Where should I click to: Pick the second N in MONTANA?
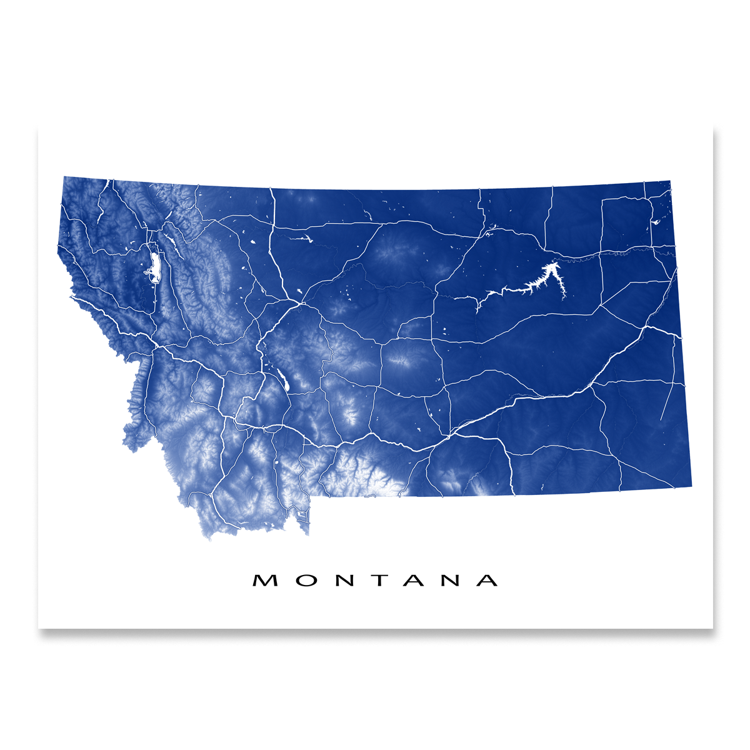450,581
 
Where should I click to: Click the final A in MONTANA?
487,581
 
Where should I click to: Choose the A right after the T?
414,581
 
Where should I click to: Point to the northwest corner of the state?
64,177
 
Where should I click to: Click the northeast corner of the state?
670,182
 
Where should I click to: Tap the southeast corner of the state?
691,485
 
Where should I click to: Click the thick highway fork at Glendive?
643,327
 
